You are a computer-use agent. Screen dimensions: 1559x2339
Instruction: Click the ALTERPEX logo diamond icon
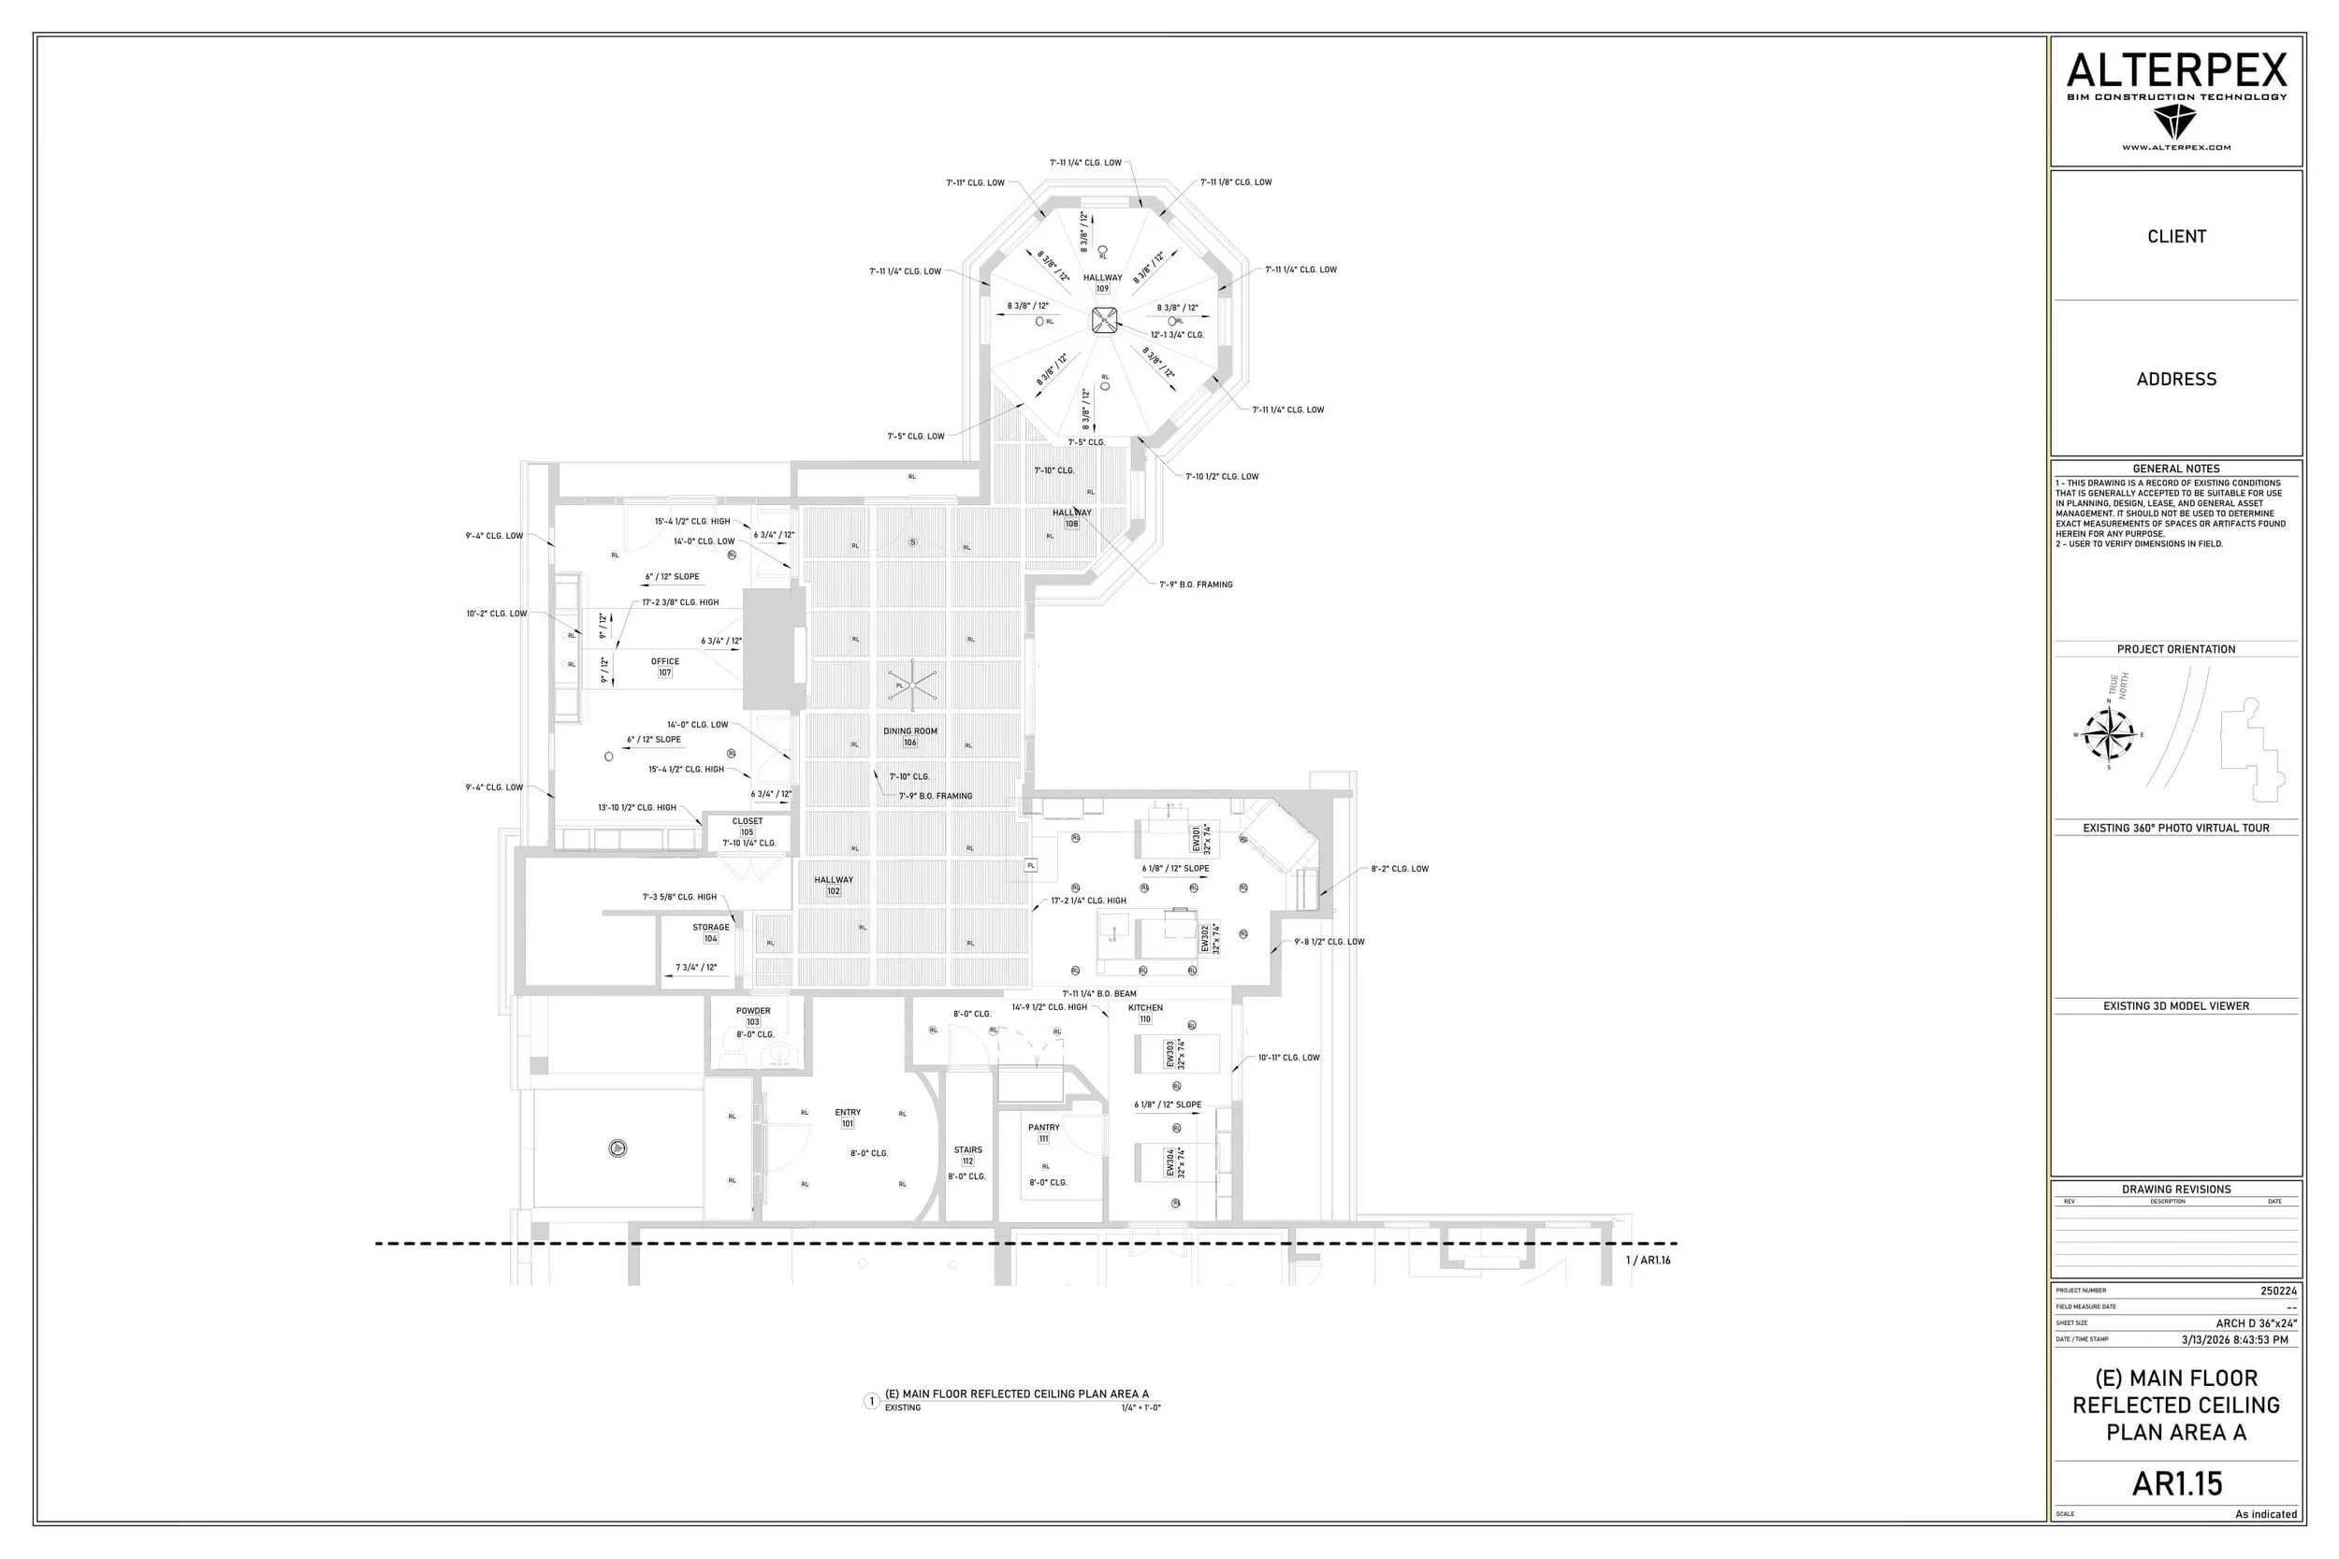coord(2174,123)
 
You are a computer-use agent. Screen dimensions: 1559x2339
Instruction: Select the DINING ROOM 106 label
coord(910,737)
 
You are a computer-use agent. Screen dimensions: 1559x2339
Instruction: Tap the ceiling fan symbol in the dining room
coord(911,684)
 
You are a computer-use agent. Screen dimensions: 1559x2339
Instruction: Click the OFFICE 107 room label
coord(665,667)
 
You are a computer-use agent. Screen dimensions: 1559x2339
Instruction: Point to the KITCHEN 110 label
coord(1145,1013)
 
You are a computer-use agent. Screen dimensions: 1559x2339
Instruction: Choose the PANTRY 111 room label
coord(1043,1133)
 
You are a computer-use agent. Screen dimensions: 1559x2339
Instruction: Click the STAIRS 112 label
coord(967,1155)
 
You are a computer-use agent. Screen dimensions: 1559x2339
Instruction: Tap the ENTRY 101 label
coord(848,1118)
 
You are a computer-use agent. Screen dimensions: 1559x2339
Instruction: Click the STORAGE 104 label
coord(711,932)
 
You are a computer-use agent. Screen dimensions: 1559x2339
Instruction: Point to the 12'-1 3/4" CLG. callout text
coord(1178,335)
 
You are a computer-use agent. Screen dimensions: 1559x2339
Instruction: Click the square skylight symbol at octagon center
coord(1104,320)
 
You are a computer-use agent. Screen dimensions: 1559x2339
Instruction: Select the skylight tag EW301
coord(1201,838)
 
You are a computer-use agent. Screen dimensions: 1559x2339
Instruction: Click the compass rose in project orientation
coord(2108,735)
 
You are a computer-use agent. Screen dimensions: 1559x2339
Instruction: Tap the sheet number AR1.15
coord(2176,1483)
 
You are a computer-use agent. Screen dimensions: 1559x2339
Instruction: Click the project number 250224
coord(2277,1292)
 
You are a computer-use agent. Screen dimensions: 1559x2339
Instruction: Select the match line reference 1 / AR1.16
coord(1648,1261)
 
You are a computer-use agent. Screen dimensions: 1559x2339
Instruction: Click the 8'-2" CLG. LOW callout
coord(1400,869)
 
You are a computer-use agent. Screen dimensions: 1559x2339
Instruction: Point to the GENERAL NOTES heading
coord(2176,469)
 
